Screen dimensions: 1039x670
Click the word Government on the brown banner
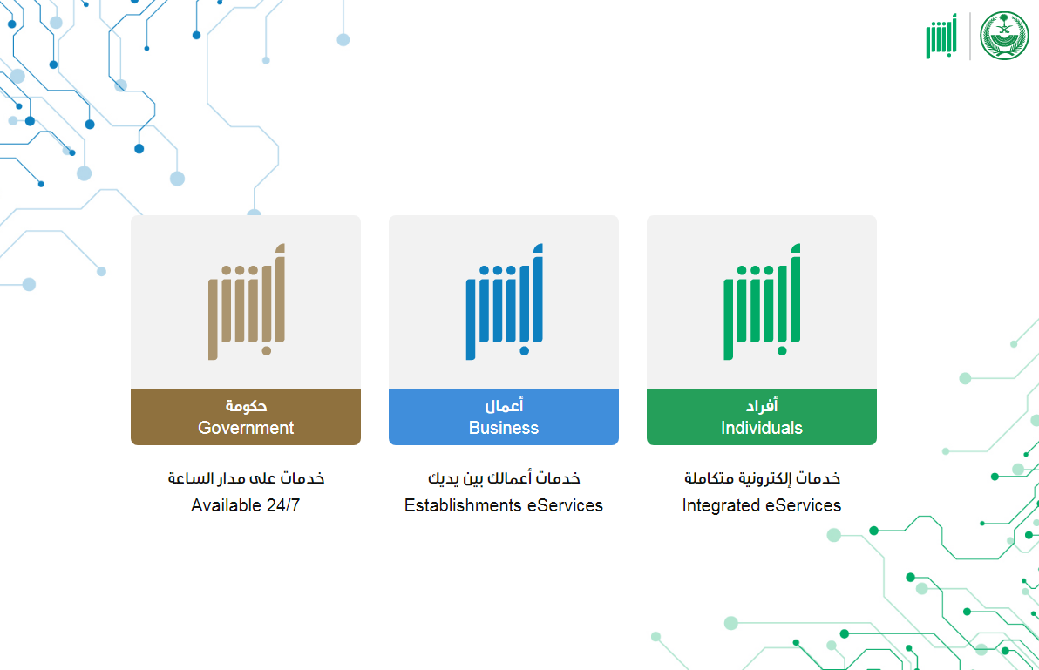246,428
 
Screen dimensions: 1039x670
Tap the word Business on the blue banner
504,428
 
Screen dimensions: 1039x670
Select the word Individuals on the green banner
761,428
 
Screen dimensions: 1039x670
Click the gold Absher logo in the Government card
247,302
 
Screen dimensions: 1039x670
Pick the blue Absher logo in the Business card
505,302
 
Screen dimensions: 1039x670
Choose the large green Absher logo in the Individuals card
762,302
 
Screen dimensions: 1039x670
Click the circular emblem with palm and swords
1004,36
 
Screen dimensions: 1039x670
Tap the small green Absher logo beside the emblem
941,36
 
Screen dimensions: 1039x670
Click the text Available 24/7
245,505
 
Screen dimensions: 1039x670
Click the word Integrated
721,506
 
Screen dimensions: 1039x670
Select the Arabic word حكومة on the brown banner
246,405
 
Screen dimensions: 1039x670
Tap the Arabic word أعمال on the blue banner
504,405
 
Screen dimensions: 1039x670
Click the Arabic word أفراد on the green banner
761,405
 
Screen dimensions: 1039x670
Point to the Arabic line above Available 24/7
246,478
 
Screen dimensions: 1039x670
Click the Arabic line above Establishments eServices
504,478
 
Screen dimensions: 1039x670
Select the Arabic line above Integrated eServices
762,478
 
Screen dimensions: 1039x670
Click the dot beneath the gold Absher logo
267,351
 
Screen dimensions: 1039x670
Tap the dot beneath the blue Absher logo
524,351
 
